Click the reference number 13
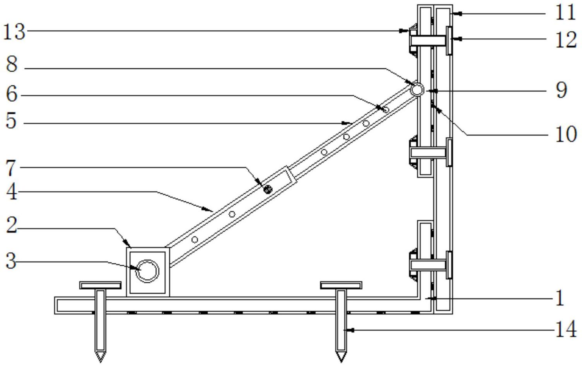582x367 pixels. [14, 32]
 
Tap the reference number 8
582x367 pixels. [12, 64]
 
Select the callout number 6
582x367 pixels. [12, 94]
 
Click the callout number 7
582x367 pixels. [11, 169]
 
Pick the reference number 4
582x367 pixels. [12, 192]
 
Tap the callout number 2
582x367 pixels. [12, 225]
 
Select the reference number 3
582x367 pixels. [11, 261]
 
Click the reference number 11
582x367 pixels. [565, 12]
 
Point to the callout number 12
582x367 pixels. [566, 40]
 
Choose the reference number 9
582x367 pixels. [562, 90]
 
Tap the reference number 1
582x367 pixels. [560, 298]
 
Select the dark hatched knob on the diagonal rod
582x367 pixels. [268, 189]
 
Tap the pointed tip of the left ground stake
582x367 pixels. [101, 362]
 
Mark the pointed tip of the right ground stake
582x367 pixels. [341, 362]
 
